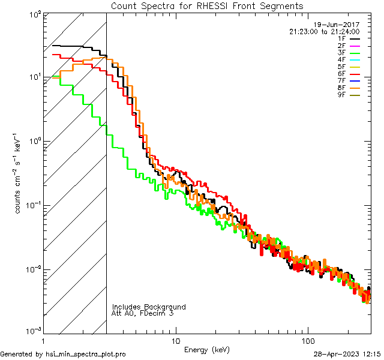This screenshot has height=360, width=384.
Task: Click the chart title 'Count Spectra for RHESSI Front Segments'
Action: [x=207, y=6]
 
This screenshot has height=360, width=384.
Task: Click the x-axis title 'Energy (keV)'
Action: [x=207, y=349]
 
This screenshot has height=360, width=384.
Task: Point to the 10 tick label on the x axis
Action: [x=176, y=340]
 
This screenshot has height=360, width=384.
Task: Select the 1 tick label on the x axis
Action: [x=44, y=340]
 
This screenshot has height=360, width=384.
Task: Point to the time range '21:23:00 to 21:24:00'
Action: [x=324, y=31]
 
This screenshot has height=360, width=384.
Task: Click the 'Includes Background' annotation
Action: [x=149, y=307]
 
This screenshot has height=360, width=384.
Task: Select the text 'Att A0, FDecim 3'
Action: [x=143, y=313]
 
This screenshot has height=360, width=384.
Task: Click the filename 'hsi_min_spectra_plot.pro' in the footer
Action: [x=86, y=354]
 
